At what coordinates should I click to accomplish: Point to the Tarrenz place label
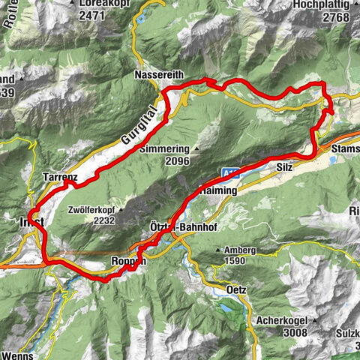(x=61, y=177)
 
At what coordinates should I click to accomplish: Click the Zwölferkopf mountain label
(x=94, y=211)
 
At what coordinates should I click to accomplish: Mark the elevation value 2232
(x=105, y=221)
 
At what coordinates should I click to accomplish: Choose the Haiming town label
(x=218, y=191)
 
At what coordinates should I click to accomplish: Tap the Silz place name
(x=284, y=168)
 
